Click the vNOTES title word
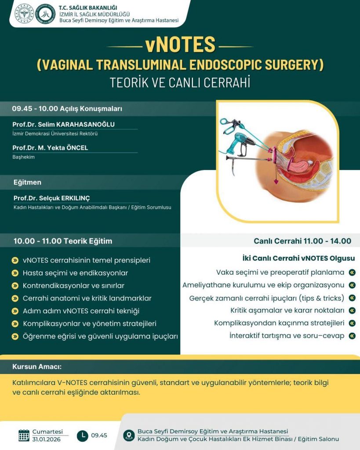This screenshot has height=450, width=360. [x=180, y=45]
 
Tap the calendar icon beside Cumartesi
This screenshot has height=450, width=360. [x=24, y=435]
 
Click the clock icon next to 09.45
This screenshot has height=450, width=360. [x=83, y=435]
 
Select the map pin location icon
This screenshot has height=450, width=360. [x=129, y=435]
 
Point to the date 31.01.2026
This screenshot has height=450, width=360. [x=46, y=439]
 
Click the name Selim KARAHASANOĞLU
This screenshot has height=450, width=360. [x=76, y=124]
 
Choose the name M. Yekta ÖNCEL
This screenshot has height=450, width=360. [x=63, y=148]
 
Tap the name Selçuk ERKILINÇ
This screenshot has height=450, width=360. [x=64, y=198]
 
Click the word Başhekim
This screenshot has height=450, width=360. [x=24, y=157]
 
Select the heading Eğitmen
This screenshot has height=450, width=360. [x=27, y=182]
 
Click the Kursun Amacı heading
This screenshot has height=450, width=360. [x=37, y=367]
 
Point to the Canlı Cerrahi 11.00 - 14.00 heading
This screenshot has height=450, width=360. [x=302, y=241]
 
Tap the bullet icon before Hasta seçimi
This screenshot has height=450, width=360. [x=15, y=273]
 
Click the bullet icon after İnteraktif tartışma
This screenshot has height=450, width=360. [x=352, y=335]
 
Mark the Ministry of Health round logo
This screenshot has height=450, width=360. [x=25, y=13]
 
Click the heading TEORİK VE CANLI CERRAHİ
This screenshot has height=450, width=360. [x=180, y=82]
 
